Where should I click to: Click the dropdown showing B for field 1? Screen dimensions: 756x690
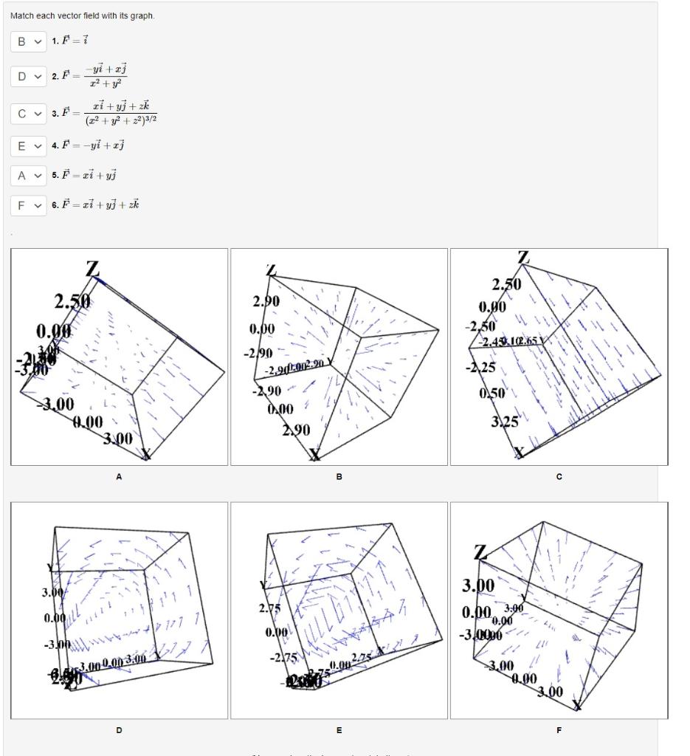coord(28,41)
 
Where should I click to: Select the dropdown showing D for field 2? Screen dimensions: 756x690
coord(28,76)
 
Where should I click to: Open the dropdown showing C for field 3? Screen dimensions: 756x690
coord(28,113)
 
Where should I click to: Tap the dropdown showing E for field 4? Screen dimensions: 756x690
coord(28,145)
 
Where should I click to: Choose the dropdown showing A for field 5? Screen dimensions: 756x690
coord(28,175)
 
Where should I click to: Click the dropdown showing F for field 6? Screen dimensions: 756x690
coord(28,205)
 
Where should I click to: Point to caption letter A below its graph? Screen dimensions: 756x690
coord(119,477)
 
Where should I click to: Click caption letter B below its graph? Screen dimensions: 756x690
coord(339,477)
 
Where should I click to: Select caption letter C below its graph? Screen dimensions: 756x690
coord(559,477)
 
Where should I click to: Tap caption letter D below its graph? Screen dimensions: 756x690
coord(119,730)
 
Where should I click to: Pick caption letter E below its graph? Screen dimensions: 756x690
coord(339,730)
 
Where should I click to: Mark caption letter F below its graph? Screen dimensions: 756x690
coord(559,730)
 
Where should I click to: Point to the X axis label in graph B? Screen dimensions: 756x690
coord(316,455)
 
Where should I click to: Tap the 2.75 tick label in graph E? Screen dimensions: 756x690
coord(269,610)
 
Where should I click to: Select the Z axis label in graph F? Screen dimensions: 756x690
coord(480,553)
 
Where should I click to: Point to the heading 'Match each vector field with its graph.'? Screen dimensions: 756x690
coord(83,16)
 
